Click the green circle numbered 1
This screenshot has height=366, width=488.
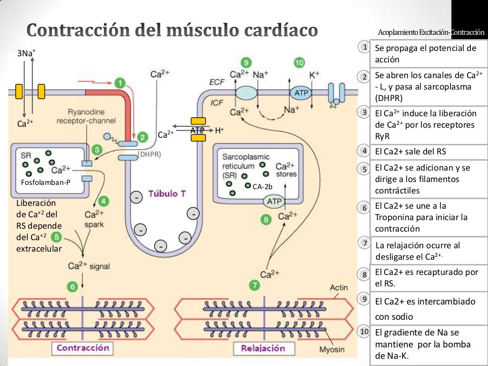tap(120, 82)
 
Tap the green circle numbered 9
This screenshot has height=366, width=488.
tap(245, 62)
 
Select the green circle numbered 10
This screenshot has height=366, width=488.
tap(299, 62)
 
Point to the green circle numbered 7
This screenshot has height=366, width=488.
tap(255, 285)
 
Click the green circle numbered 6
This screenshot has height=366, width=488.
tap(72, 286)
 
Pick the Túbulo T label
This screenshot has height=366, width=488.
tap(167, 194)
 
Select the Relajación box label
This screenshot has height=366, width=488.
tap(263, 348)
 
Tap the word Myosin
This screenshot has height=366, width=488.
tap(332, 349)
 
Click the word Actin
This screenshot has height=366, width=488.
tap(339, 287)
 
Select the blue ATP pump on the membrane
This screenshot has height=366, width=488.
tap(301, 93)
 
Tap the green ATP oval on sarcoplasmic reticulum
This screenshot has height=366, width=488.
tap(274, 202)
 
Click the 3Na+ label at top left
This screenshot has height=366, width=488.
tap(26, 53)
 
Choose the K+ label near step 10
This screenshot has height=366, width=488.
tap(315, 75)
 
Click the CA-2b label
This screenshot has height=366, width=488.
tap(262, 187)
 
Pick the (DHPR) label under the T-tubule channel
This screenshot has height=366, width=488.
tap(150, 154)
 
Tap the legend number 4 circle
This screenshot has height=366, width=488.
tap(364, 151)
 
